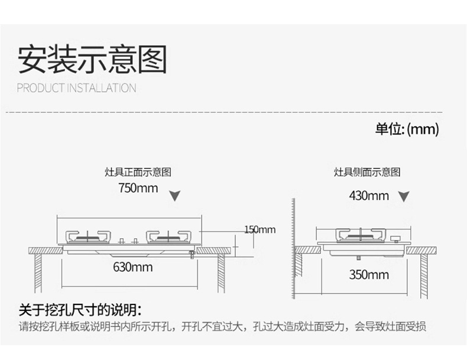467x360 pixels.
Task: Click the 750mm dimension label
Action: (138, 189)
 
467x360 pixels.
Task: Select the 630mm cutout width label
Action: (132, 267)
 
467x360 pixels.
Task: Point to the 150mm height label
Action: (260, 229)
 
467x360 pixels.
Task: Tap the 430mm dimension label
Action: (368, 195)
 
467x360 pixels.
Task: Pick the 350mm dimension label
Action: (368, 274)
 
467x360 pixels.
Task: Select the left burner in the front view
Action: (88, 236)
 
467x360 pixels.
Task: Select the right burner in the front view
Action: (168, 236)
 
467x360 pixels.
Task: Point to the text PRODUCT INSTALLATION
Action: (77, 89)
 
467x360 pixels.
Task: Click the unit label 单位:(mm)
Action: (407, 129)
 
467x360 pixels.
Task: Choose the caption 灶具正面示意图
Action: (138, 173)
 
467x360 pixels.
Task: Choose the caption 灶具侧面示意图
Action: (367, 173)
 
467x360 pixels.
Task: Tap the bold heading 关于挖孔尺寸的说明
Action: (80, 309)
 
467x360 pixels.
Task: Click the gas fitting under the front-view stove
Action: (192, 254)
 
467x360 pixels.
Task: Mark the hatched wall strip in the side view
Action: (293, 248)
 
